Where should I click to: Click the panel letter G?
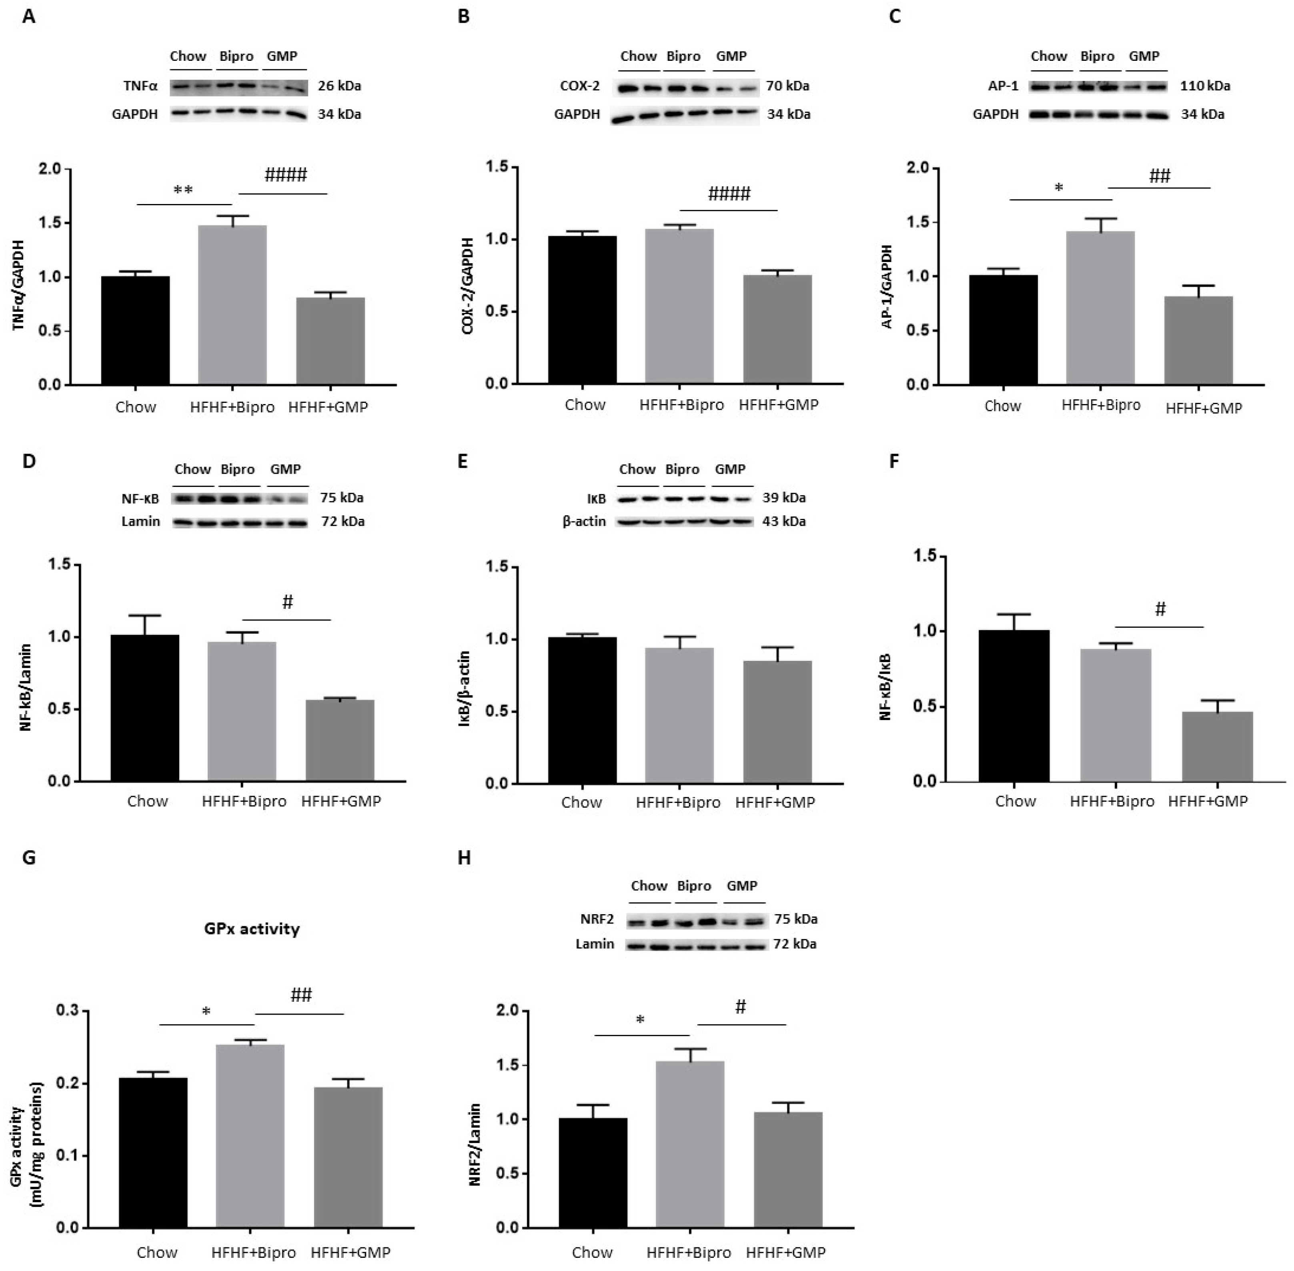click(x=29, y=857)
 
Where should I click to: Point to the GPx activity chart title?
click(x=252, y=929)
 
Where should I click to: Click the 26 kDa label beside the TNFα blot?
click(x=339, y=86)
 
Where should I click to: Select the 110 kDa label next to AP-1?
click(x=1205, y=86)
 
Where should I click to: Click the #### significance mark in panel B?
click(x=729, y=194)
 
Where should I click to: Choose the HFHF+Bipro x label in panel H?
click(x=688, y=1252)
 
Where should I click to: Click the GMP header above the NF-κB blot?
click(x=285, y=469)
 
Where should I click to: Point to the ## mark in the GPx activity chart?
click(x=301, y=995)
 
